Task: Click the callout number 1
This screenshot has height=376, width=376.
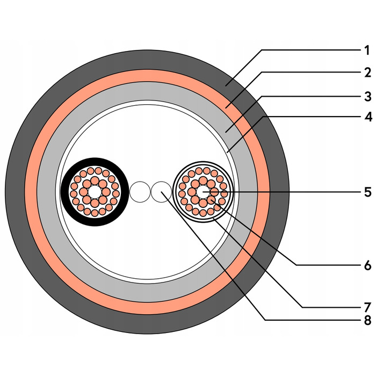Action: tap(367, 50)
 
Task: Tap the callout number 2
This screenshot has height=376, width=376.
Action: tap(367, 73)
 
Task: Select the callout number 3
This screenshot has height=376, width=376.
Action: tap(367, 97)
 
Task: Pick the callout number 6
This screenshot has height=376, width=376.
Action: tap(367, 265)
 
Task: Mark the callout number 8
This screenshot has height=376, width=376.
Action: tap(367, 320)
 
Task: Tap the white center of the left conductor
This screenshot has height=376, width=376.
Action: tap(95, 192)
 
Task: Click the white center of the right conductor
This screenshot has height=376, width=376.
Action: tap(203, 192)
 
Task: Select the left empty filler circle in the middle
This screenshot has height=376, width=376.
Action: tap(140, 192)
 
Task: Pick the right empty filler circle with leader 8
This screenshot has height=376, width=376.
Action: tap(161, 192)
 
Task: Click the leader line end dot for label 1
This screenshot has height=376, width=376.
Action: tap(226, 85)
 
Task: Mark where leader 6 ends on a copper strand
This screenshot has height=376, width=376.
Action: tap(211, 200)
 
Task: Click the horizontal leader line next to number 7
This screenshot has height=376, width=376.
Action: tap(331, 307)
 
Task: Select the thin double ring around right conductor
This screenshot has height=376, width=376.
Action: tap(203, 162)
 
